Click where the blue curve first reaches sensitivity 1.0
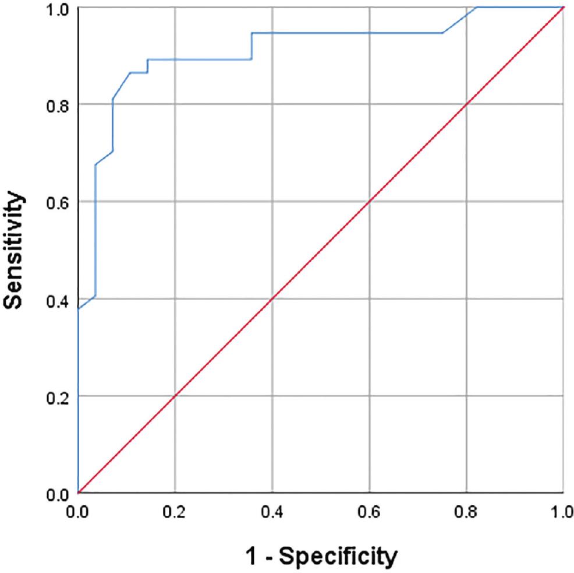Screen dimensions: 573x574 pyautogui.click(x=477, y=7)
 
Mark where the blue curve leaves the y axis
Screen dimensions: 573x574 pyautogui.click(x=78, y=308)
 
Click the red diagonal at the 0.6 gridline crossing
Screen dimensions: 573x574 pyautogui.click(x=369, y=202)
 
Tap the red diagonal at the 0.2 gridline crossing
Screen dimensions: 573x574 pyautogui.click(x=175, y=396)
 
